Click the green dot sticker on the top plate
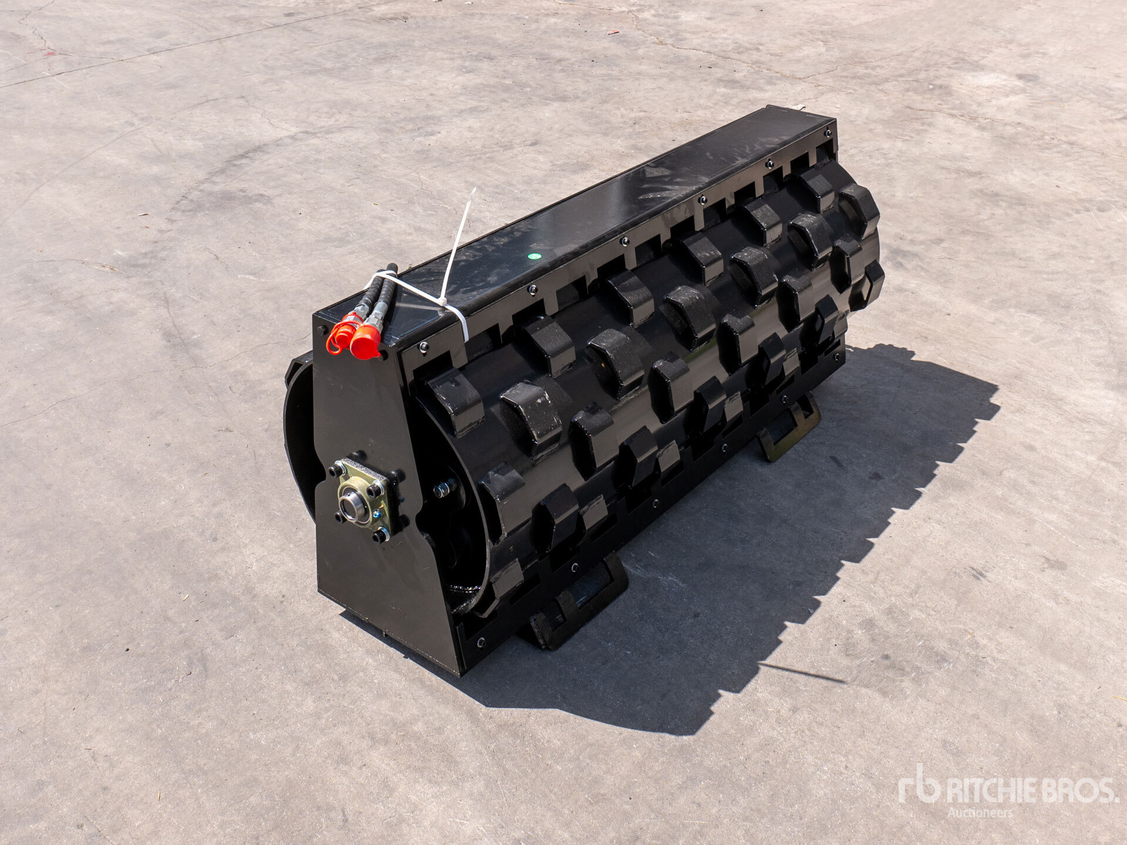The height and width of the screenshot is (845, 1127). pyautogui.click(x=534, y=256)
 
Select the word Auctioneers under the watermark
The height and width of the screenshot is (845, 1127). pyautogui.click(x=980, y=813)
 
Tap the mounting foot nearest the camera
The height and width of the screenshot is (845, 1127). pyautogui.click(x=578, y=601)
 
